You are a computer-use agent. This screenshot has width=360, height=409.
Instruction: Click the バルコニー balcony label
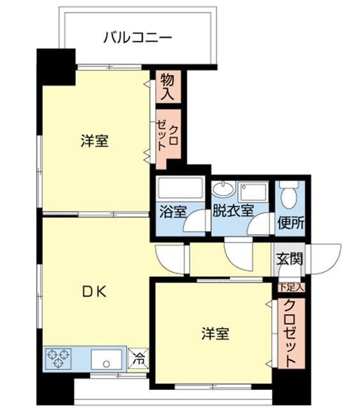137,38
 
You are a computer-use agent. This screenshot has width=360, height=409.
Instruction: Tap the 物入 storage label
167,86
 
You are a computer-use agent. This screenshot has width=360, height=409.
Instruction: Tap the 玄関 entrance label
289,259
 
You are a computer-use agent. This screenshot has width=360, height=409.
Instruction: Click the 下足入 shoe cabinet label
292,288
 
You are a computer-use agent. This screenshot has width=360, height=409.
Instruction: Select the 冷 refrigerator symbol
138,359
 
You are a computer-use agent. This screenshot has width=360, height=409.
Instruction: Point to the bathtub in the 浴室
179,189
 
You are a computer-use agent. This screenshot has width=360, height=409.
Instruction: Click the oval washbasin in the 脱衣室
223,189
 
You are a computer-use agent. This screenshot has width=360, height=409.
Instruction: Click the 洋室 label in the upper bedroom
94,141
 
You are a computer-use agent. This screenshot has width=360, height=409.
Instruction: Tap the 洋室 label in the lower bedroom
215,333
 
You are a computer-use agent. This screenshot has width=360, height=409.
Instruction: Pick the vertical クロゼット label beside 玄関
291,334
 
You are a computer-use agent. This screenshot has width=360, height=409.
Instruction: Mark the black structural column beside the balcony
56,66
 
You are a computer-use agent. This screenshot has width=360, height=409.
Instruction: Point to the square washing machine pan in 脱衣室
253,190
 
